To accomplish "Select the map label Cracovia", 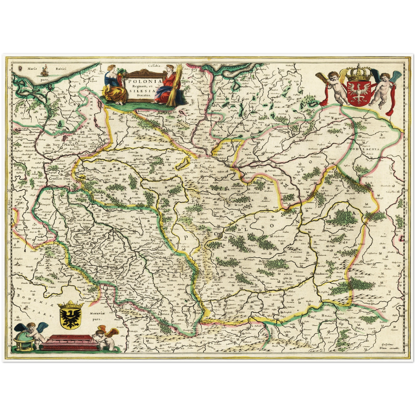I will pyautogui.click(x=229, y=291).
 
